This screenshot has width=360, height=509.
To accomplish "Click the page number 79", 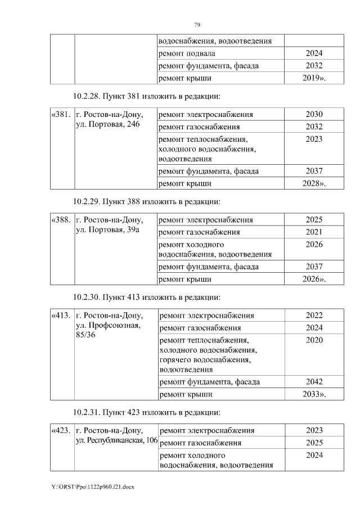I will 197,25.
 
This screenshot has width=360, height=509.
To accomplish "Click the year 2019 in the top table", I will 313,78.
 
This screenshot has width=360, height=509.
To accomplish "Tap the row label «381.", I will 61,115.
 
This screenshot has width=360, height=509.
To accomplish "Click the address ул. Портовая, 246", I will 107,124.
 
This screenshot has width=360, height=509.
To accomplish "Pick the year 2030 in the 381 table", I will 314,115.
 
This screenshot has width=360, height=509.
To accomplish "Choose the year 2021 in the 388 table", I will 314,232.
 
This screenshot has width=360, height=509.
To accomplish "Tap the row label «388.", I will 61,220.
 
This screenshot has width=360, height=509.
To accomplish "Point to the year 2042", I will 314,382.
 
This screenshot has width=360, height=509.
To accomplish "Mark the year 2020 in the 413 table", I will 314,340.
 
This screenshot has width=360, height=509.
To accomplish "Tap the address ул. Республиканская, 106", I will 116,440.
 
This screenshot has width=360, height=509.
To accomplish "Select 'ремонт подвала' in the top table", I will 187,53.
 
